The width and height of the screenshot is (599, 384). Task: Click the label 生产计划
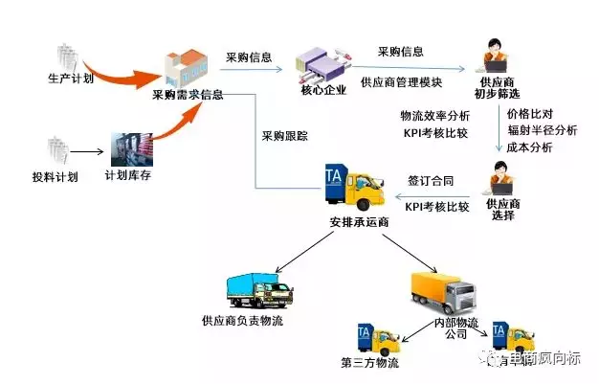click(72, 77)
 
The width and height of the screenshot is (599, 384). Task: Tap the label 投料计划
click(55, 177)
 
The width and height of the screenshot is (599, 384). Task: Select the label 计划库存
click(130, 177)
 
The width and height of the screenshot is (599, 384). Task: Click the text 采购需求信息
click(188, 96)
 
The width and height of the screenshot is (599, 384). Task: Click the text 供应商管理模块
click(400, 82)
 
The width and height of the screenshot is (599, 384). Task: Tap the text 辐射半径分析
click(543, 130)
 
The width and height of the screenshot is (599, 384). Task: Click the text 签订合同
click(429, 180)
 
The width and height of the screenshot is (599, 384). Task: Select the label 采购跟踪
click(285, 135)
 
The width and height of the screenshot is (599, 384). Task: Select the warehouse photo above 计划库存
click(133, 149)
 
